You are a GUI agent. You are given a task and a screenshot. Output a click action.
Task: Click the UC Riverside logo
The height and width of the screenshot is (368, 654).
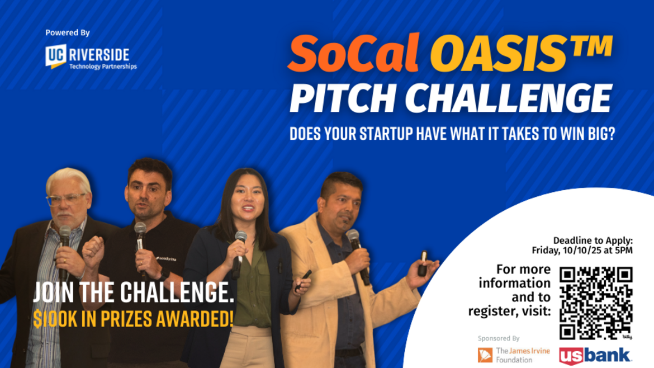(91, 57)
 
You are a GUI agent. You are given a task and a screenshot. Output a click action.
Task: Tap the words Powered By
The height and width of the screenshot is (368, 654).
(68, 33)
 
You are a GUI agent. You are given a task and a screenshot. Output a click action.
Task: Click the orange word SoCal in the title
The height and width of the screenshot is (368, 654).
(353, 54)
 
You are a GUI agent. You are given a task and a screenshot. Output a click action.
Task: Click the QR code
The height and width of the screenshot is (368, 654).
(596, 303)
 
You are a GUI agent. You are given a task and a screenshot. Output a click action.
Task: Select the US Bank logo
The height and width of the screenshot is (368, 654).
(596, 356)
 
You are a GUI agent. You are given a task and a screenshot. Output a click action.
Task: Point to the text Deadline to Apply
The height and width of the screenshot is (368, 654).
(593, 240)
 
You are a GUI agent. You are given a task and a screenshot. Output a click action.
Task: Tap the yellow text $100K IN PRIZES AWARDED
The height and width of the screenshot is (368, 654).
(133, 319)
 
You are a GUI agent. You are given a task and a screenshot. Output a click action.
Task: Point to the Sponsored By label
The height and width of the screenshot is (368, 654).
(498, 338)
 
